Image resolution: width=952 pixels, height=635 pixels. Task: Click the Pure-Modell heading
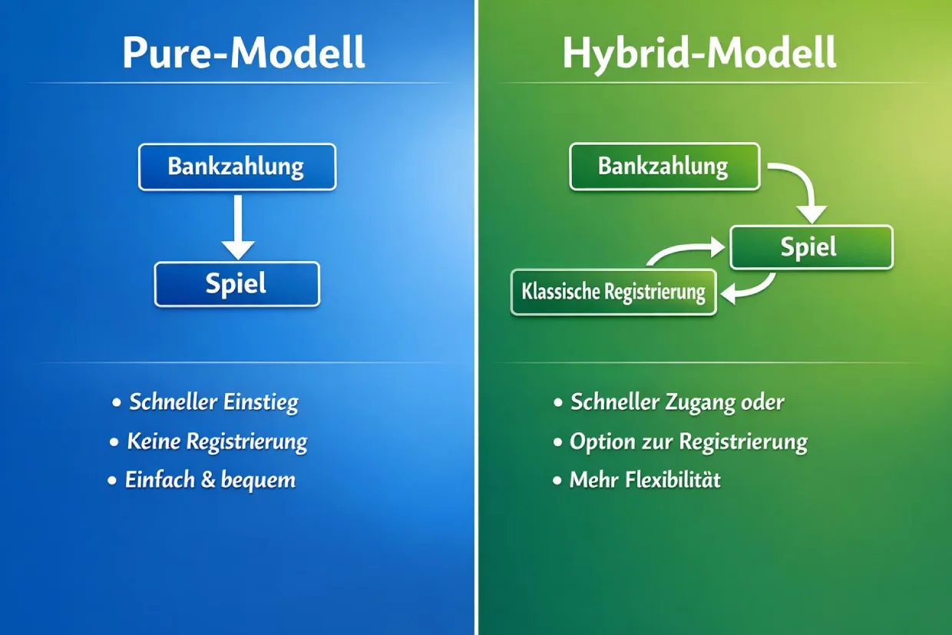click(243, 53)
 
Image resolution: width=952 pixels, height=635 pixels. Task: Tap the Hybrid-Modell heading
click(699, 53)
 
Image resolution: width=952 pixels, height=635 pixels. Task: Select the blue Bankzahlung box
click(236, 167)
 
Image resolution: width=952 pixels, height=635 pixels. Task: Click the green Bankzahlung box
click(664, 167)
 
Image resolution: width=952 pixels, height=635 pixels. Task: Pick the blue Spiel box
click(236, 284)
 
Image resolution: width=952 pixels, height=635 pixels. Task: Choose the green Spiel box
click(811, 247)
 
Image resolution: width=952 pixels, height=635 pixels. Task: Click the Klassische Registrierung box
click(613, 293)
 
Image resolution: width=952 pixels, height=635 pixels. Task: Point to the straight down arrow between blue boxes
click(238, 227)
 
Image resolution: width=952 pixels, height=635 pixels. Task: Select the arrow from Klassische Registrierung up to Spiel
click(683, 250)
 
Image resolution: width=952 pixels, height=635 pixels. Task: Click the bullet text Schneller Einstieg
click(213, 402)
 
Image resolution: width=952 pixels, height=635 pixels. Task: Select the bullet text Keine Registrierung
click(217, 442)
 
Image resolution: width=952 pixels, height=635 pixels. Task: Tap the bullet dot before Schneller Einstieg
click(117, 402)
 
